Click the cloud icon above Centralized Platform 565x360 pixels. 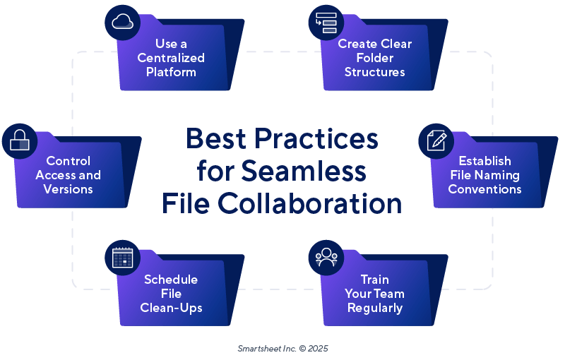point(122,22)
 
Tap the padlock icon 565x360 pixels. point(19,142)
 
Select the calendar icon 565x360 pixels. point(122,257)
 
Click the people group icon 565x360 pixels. point(326,257)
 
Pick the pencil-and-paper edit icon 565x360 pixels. point(437,140)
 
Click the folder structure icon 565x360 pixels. point(326,22)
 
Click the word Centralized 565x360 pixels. point(171,58)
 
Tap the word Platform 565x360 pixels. point(171,72)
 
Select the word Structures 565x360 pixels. point(374,72)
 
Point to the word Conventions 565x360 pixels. point(484,189)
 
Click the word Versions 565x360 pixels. point(68,189)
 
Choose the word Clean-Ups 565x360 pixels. point(171,308)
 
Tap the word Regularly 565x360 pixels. point(374,308)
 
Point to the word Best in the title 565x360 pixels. point(219,139)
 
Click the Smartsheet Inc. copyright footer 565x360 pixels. point(282,348)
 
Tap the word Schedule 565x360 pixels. point(171,280)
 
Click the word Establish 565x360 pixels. point(484,161)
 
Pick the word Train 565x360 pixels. point(374,280)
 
